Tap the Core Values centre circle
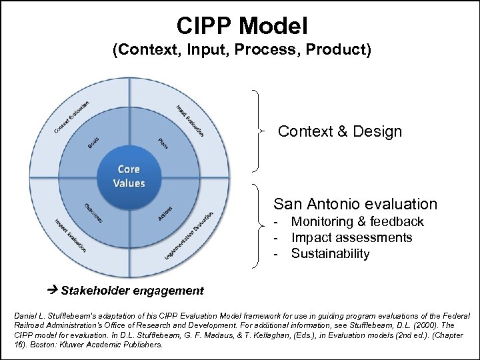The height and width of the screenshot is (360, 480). coord(129,176)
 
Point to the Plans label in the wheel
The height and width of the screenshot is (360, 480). coord(163,143)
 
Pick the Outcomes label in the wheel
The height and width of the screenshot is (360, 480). coord(93,213)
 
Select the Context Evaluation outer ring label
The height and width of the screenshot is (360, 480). coord(71,115)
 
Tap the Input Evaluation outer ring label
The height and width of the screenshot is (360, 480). coord(190,120)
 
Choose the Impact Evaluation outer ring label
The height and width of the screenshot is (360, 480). coord(71,236)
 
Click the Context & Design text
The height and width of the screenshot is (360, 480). coord(340,131)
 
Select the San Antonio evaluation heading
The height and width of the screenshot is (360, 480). coord(355,204)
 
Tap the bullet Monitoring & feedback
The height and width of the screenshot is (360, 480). coord(357,221)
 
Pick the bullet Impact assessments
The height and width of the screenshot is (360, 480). coord(351,237)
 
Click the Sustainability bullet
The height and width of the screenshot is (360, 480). coord(330,253)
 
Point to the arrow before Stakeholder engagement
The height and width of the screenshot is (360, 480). coord(54,290)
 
